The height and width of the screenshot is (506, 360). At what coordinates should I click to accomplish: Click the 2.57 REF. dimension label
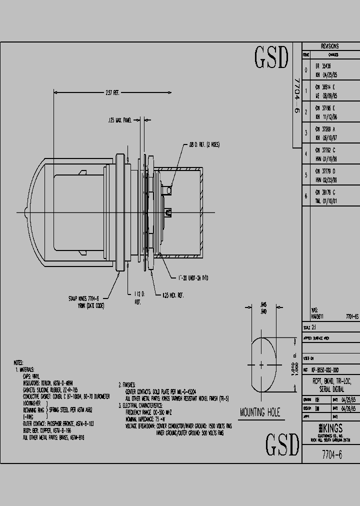coord(112,92)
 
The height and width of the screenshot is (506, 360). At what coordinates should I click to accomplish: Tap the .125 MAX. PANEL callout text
coord(120,120)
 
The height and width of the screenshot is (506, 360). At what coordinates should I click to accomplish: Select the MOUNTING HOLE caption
coord(260,413)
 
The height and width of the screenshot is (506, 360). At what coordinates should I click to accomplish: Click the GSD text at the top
coord(271,59)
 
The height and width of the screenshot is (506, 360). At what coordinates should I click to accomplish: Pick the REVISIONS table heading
coord(329,46)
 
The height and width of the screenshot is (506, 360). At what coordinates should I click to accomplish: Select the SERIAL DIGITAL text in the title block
coord(331,388)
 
